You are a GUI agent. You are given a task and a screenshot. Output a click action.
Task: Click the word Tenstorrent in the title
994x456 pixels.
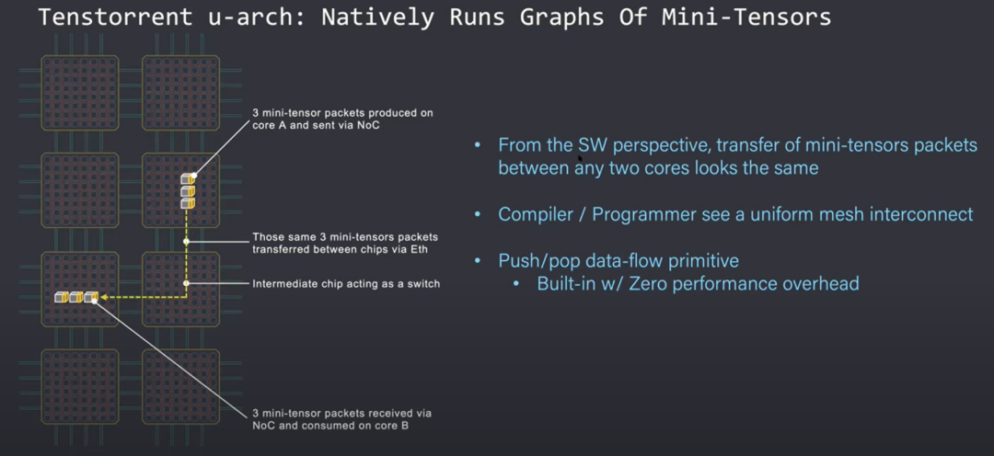tap(115, 17)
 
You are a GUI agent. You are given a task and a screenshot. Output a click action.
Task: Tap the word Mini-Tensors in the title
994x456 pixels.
tap(746, 17)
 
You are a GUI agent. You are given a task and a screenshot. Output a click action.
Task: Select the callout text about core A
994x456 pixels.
tap(342, 120)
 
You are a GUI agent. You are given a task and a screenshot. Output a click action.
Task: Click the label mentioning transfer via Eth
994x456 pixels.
tap(345, 244)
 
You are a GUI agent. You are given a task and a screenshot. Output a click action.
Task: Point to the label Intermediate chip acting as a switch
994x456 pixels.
tap(346, 284)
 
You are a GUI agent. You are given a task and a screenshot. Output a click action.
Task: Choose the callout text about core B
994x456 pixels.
tap(341, 419)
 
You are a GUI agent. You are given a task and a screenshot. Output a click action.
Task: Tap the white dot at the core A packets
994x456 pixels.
tap(194, 175)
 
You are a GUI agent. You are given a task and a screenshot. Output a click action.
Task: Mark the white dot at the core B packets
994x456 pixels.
tap(95, 301)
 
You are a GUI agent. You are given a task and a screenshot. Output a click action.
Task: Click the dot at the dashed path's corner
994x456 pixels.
tap(186, 283)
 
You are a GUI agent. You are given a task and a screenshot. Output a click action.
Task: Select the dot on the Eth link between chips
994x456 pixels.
tap(186, 241)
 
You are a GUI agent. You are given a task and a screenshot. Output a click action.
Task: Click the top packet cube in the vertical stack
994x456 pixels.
tap(188, 179)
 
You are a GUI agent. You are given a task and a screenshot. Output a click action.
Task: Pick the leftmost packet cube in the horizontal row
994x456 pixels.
tap(62, 296)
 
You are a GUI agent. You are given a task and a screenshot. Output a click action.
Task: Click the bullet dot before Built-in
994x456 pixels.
tap(516, 284)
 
